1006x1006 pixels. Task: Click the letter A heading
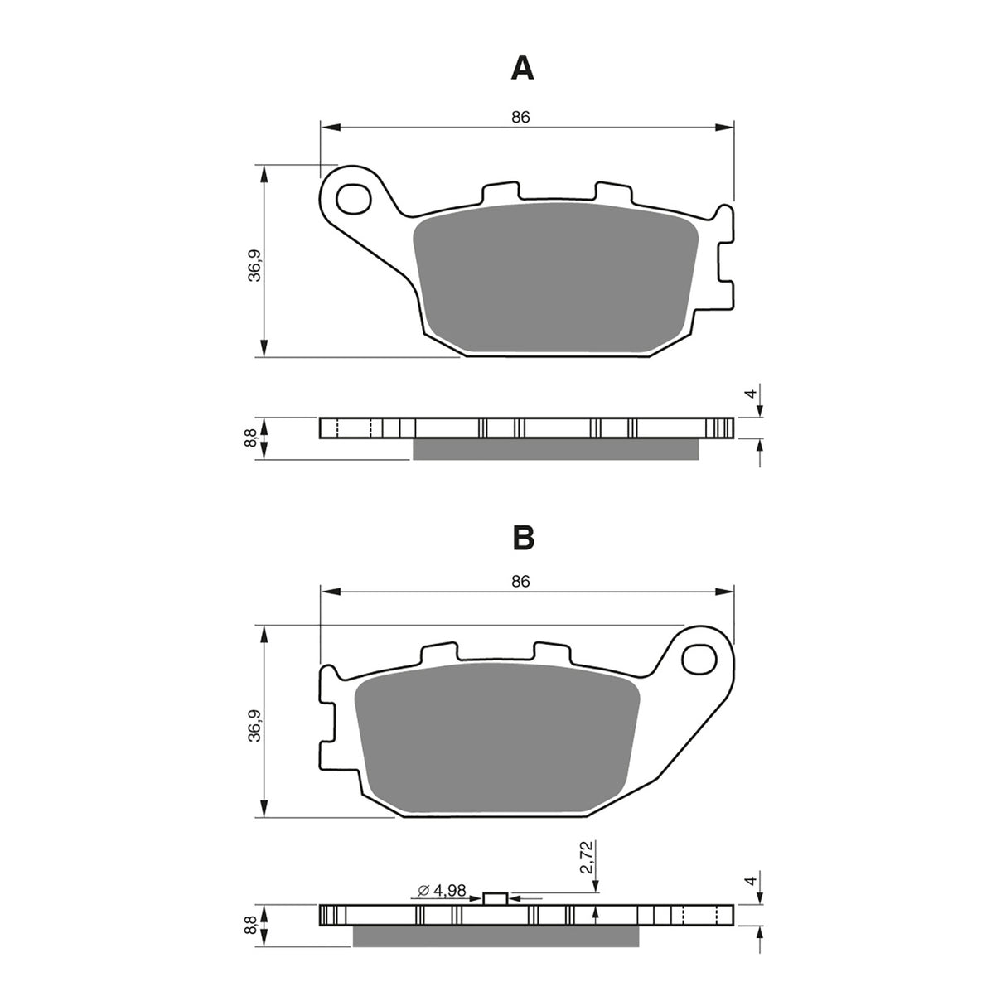click(522, 68)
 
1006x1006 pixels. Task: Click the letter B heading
click(522, 538)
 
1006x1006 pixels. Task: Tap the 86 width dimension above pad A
click(520, 118)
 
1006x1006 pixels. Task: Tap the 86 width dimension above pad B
click(520, 582)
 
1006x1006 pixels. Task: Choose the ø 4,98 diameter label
click(443, 891)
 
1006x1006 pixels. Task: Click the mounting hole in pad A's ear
click(354, 199)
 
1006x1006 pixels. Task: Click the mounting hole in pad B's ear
click(699, 659)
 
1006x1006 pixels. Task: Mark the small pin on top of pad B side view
click(495, 898)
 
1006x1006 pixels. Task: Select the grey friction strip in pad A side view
click(555, 448)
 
